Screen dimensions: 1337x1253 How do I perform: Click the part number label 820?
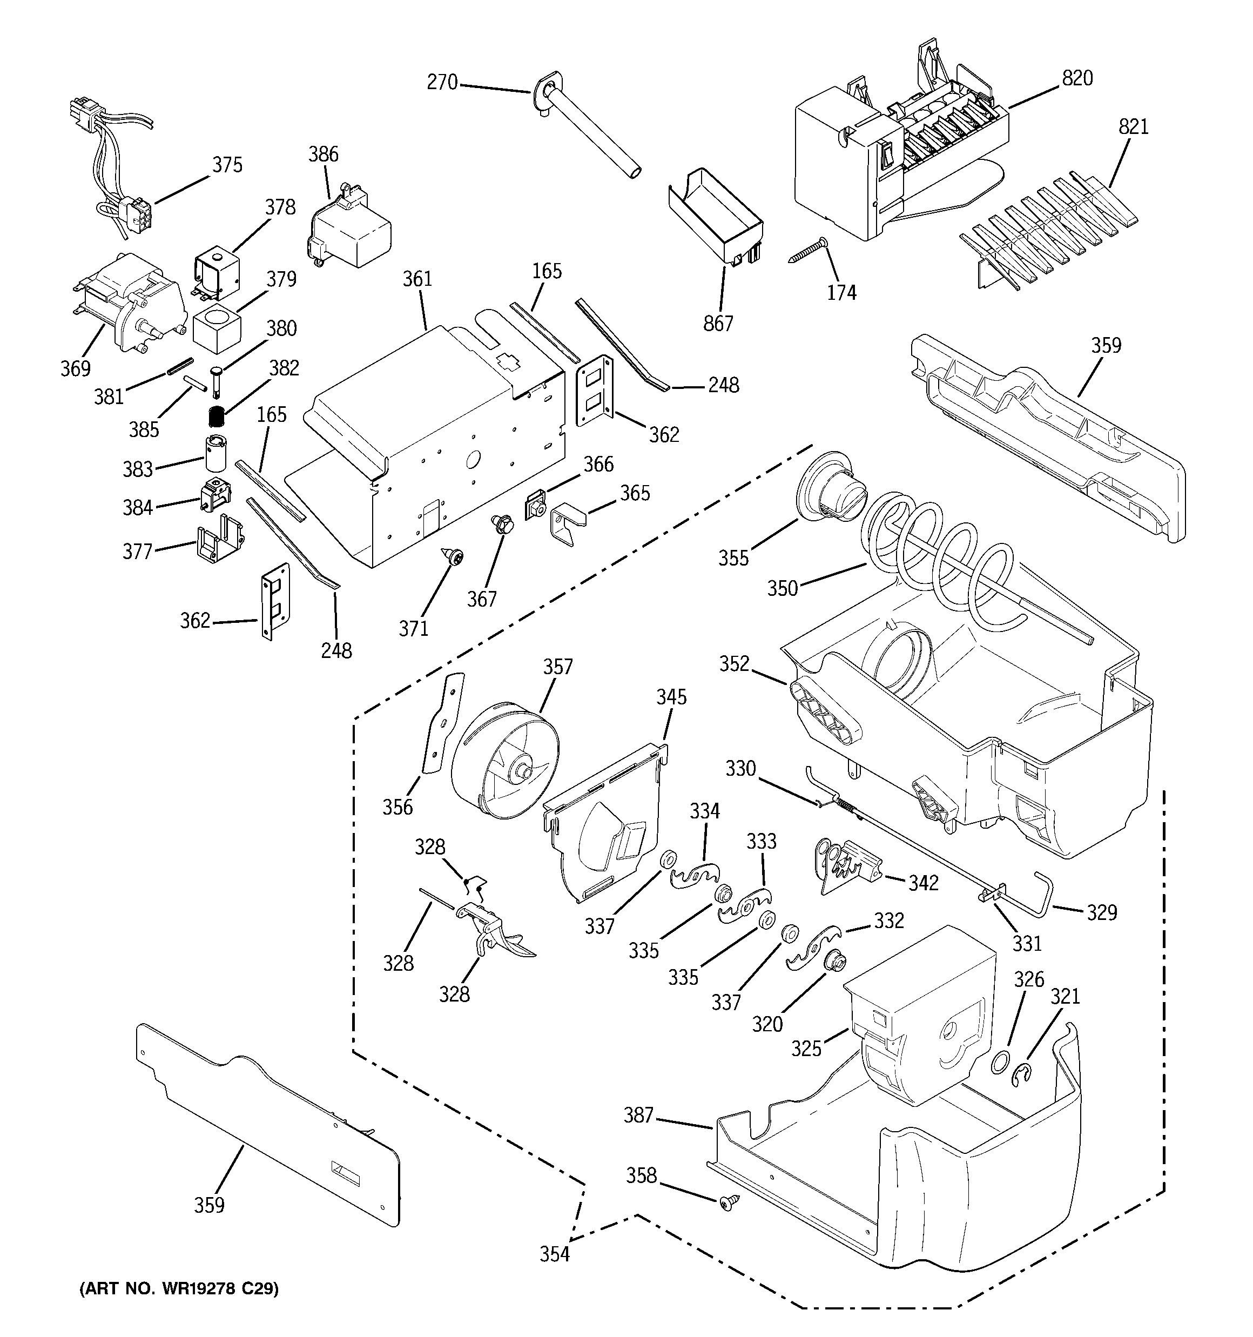coord(1077,79)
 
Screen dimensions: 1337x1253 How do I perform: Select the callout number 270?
coord(442,82)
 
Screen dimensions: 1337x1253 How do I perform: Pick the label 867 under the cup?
coord(718,324)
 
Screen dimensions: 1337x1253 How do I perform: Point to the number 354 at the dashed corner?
coord(554,1254)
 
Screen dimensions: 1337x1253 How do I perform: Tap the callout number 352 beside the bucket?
coord(734,664)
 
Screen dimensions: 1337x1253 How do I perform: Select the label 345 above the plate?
coord(671,697)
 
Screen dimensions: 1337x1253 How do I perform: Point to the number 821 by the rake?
coord(1133,126)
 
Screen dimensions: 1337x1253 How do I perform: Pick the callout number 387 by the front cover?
coord(638,1115)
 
